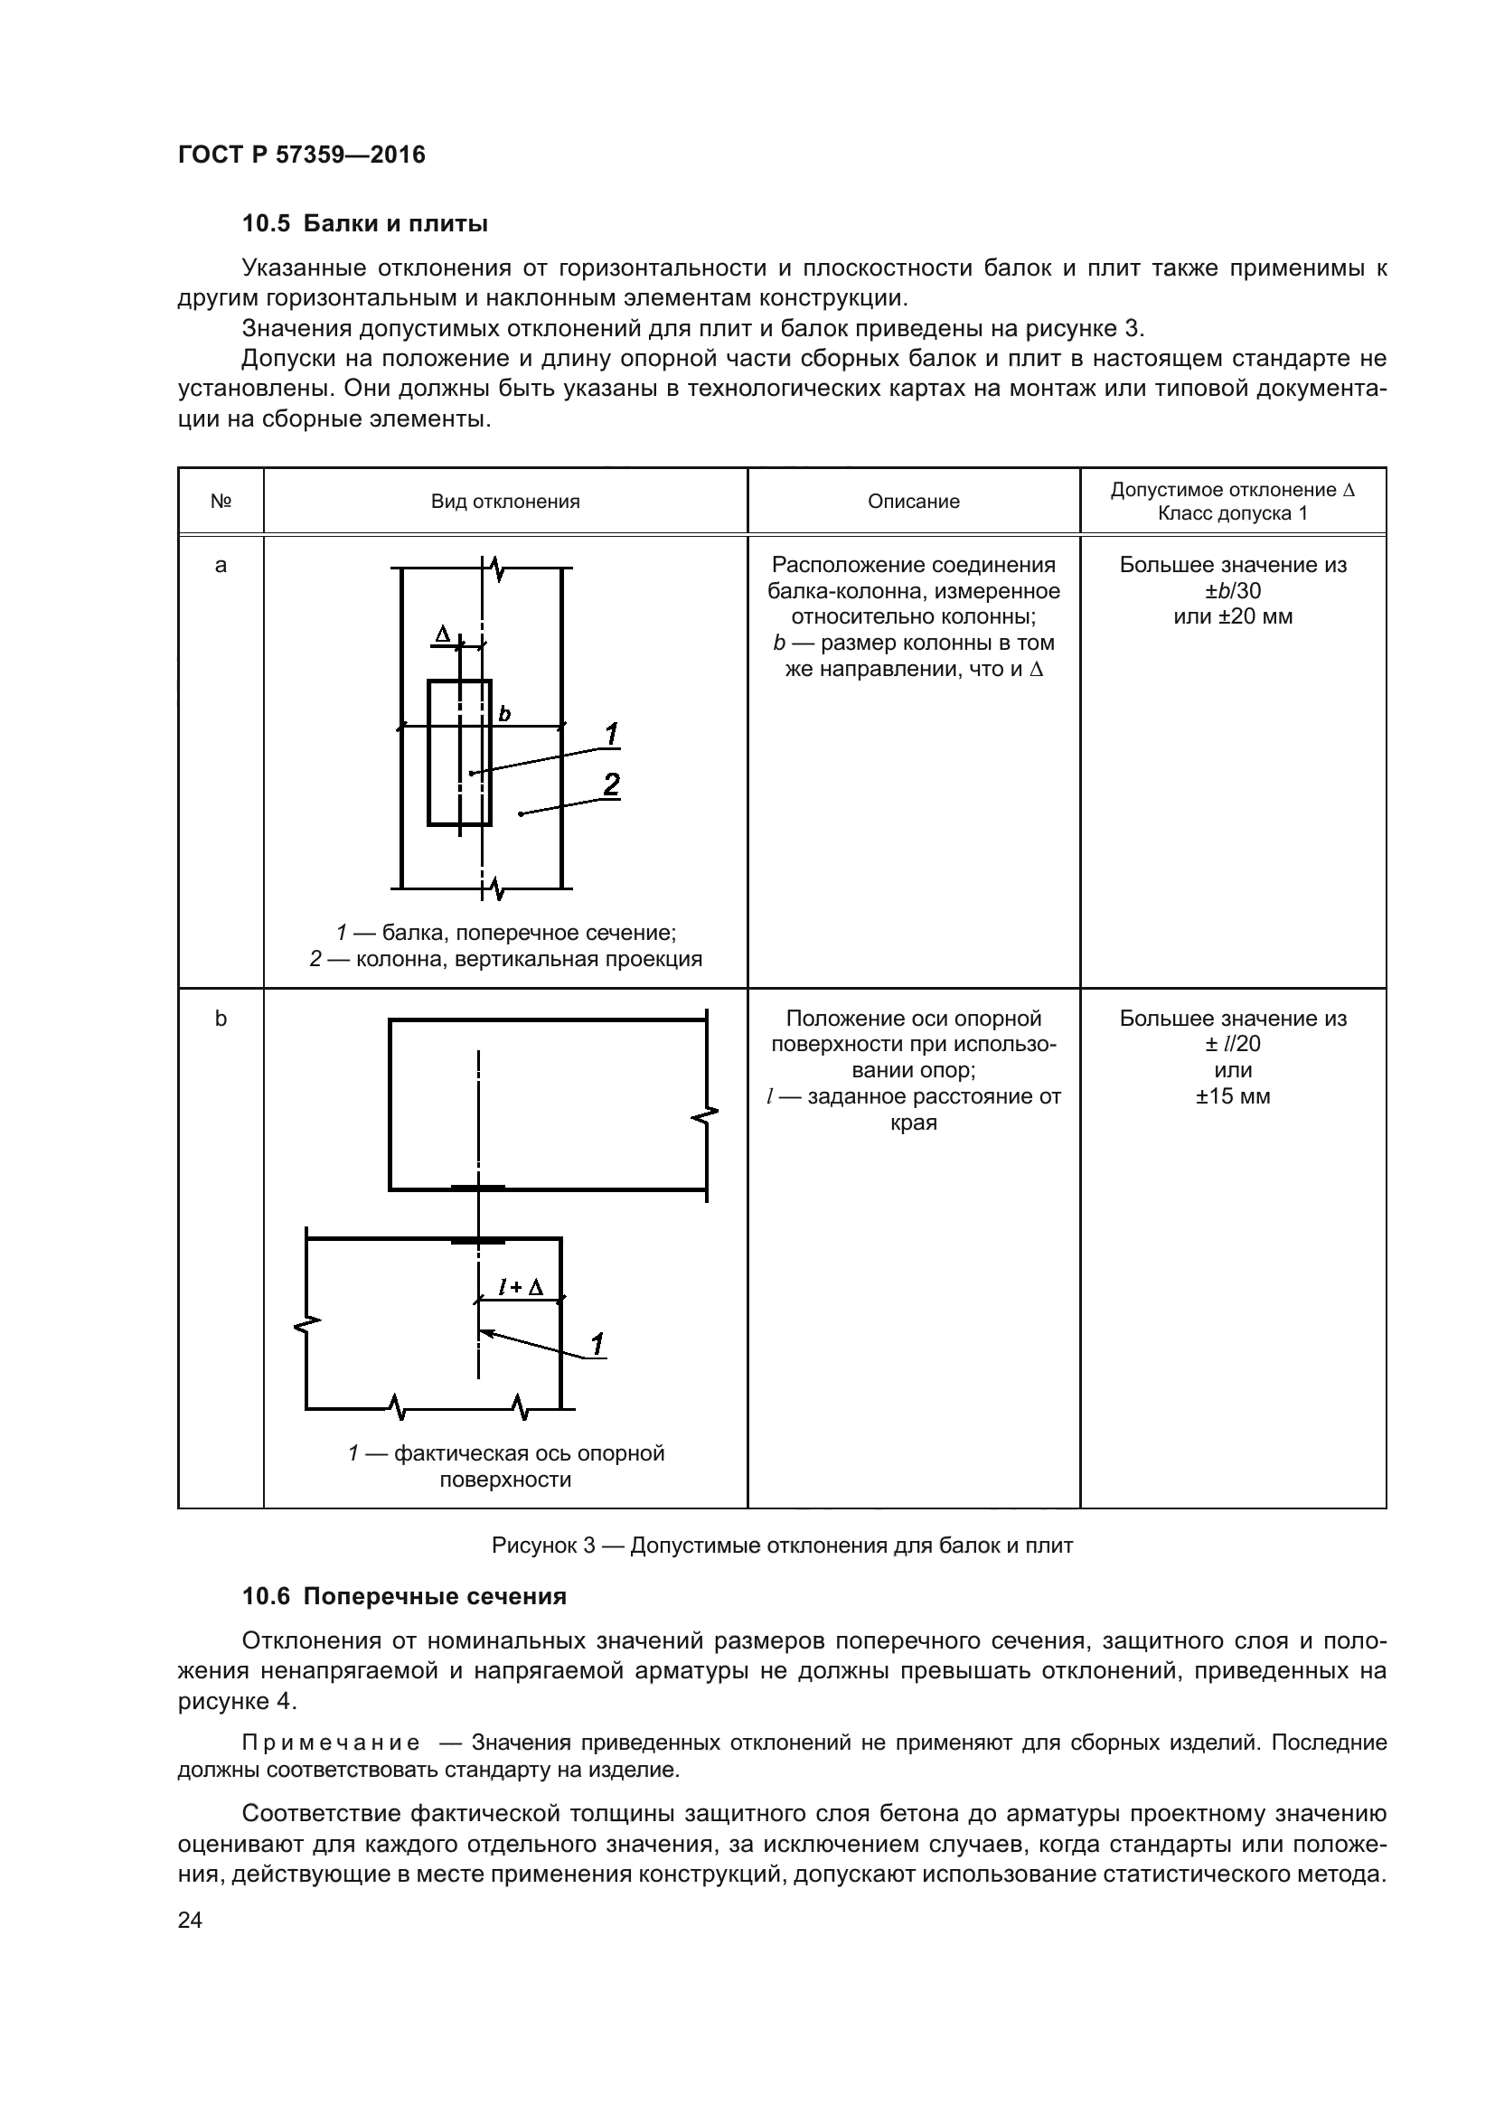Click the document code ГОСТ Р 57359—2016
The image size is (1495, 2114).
click(x=301, y=155)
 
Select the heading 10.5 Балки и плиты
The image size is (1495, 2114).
click(x=364, y=224)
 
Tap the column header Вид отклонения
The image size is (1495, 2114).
click(x=504, y=502)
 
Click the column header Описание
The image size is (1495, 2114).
click(x=913, y=502)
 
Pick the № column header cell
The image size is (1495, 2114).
click(x=220, y=502)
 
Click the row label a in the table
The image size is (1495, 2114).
click(x=220, y=565)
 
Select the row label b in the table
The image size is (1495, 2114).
click(x=220, y=1019)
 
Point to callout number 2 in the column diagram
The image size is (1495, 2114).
click(x=610, y=785)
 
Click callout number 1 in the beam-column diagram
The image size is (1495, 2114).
click(x=611, y=735)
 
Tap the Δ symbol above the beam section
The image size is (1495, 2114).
click(x=443, y=634)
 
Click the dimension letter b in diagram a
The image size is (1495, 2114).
click(x=504, y=714)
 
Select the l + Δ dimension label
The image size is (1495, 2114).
click(x=521, y=1287)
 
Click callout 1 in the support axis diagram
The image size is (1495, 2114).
click(x=597, y=1345)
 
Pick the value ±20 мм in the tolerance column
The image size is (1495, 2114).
click(x=1232, y=617)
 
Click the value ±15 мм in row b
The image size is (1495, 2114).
click(x=1232, y=1096)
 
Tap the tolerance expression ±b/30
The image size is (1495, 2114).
click(x=1232, y=591)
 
